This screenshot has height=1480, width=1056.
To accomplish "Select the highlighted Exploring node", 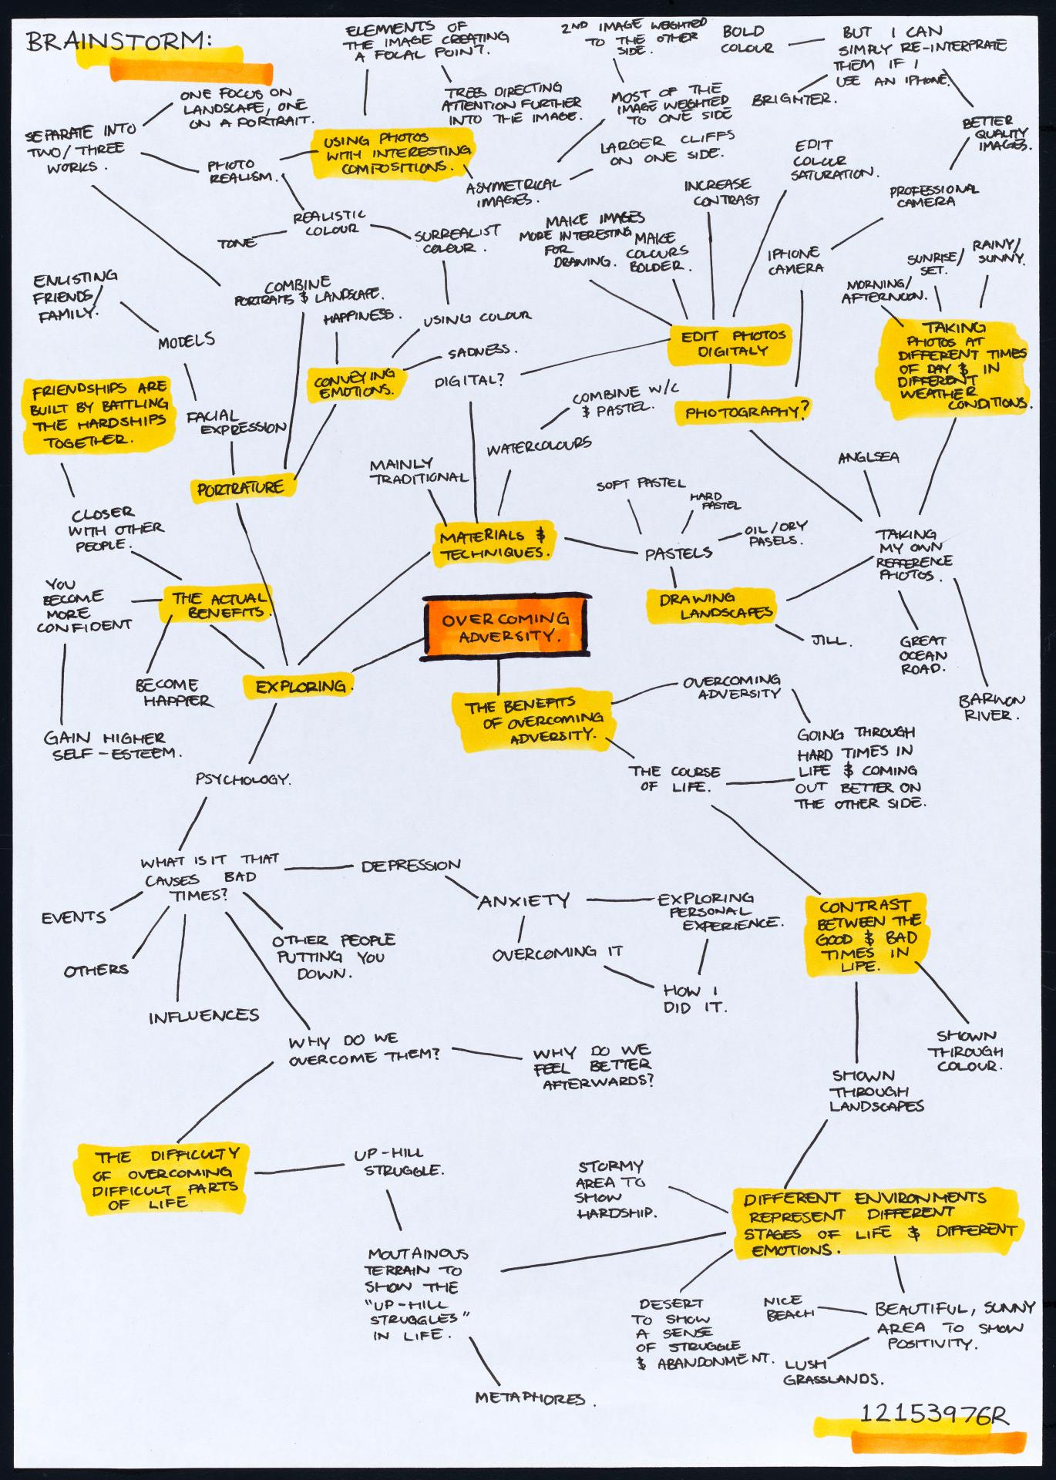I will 300,686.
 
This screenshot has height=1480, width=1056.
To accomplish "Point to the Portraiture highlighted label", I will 240,489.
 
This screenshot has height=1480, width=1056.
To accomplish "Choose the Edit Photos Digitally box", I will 731,343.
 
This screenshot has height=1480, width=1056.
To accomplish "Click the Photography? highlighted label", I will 744,412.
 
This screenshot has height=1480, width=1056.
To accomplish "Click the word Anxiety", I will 524,900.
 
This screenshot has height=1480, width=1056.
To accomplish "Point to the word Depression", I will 411,866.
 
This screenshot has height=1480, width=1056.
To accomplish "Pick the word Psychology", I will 243,779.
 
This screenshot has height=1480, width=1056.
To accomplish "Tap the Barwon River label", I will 991,707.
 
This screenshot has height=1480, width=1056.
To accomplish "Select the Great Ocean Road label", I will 923,654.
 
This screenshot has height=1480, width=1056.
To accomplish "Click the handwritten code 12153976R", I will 933,1414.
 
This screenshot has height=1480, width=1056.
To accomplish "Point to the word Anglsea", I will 869,457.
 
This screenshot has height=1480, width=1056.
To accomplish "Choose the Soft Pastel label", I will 640,484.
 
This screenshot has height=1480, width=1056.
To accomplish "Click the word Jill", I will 829,640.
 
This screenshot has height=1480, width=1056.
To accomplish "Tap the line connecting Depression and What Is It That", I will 319,866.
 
